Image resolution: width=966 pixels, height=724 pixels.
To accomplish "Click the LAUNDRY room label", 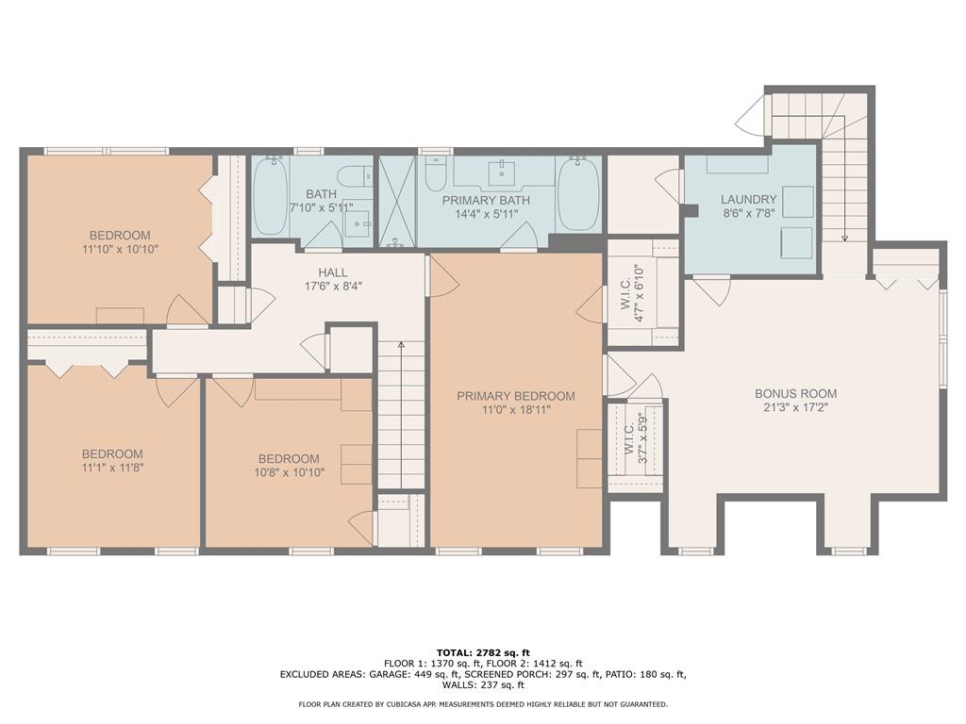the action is [748, 200].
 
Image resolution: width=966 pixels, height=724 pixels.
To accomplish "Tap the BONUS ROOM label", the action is [796, 393].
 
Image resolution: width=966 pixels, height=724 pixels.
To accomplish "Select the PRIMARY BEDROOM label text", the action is [516, 397].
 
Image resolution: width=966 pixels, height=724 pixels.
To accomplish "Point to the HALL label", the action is [333, 272].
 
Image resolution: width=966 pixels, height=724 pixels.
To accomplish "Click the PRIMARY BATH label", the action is [486, 200].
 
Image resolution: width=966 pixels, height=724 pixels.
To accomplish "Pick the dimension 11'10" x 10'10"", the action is [120, 249].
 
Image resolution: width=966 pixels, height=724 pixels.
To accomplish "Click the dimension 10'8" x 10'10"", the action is [289, 473].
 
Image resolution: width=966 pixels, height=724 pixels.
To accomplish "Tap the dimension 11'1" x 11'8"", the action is [113, 468].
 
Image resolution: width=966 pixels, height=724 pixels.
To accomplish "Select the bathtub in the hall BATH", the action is [270, 196].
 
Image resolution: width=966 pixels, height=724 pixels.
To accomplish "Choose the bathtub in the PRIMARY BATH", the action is [578, 193].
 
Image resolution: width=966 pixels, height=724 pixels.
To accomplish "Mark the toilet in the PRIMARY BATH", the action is [435, 173].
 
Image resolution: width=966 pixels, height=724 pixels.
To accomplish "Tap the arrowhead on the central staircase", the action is [401, 345].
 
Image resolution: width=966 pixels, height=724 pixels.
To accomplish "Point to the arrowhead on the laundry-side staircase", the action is [844, 238].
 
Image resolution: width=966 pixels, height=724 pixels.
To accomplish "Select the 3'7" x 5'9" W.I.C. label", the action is [635, 439].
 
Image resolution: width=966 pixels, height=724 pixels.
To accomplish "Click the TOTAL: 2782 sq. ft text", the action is [483, 652].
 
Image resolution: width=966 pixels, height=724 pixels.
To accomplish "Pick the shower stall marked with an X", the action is [397, 201].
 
